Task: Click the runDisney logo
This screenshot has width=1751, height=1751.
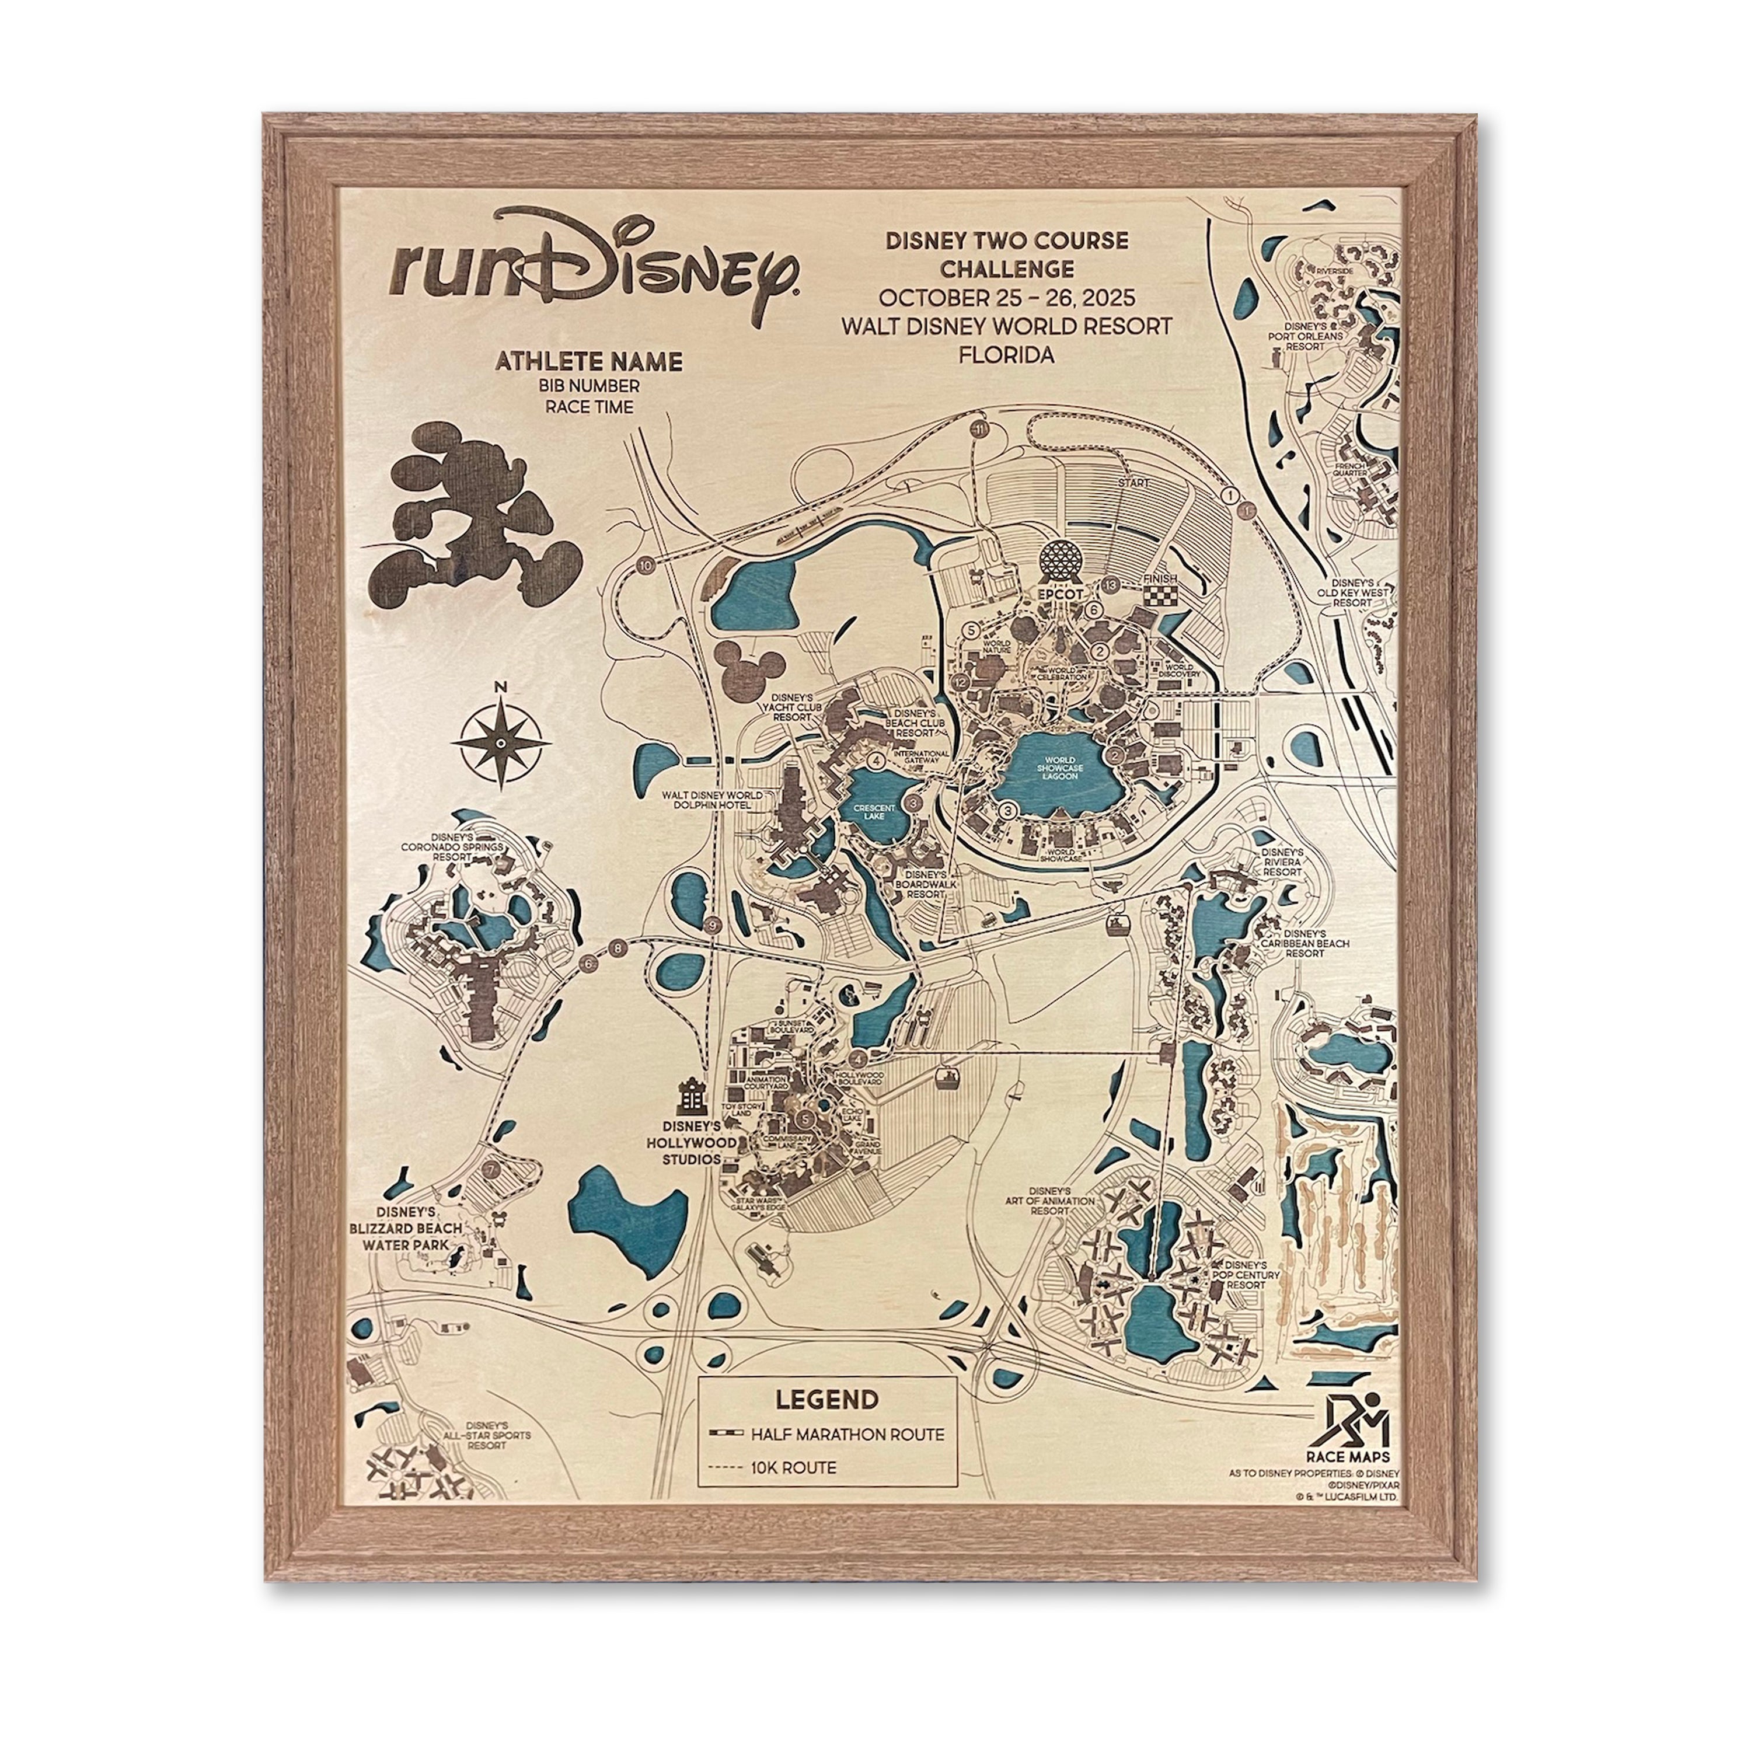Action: (x=594, y=264)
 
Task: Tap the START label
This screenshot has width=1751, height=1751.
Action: (x=1133, y=483)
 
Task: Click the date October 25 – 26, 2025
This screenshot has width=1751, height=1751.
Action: (x=1006, y=298)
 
